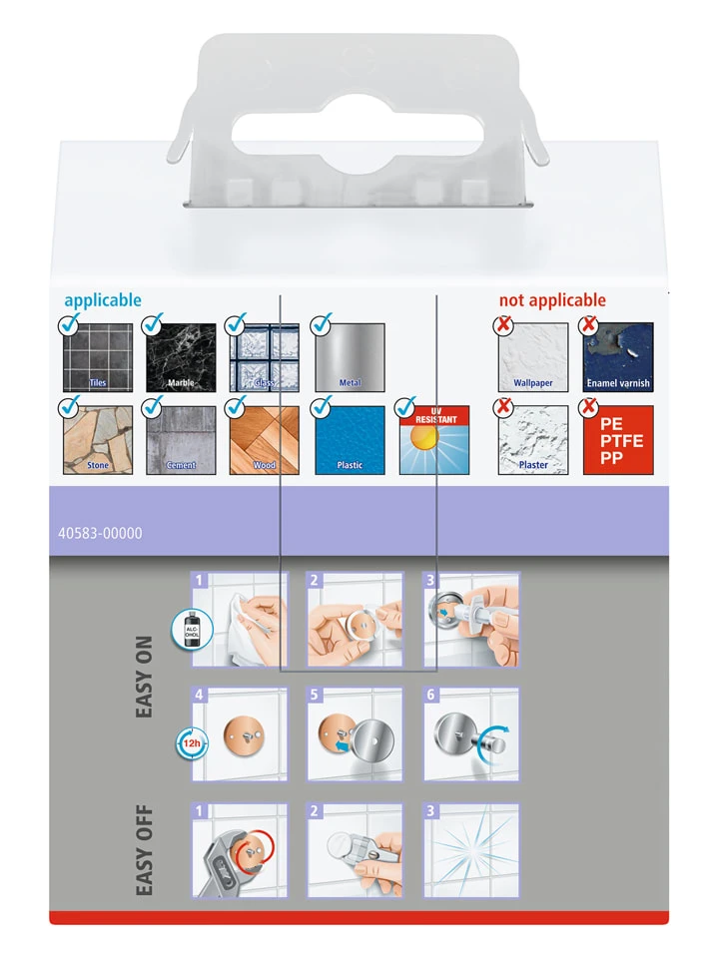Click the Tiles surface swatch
(x=98, y=357)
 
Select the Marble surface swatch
(x=182, y=357)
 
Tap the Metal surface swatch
(x=350, y=357)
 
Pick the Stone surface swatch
(x=98, y=440)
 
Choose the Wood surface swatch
(x=265, y=440)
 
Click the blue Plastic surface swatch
(x=350, y=440)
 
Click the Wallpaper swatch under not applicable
(x=533, y=357)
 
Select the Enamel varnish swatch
(x=618, y=357)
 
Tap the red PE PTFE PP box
(x=618, y=440)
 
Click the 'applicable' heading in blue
(x=103, y=300)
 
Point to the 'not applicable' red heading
(x=552, y=300)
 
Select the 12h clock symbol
(x=190, y=743)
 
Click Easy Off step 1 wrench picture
(x=239, y=850)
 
